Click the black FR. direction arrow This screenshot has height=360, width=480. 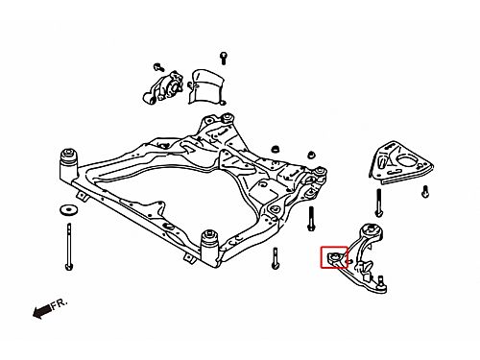[x=41, y=311]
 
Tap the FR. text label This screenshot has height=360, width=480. [x=60, y=303]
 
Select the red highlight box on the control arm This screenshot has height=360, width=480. [x=334, y=257]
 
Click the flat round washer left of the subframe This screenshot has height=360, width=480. [x=68, y=210]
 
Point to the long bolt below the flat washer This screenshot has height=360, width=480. [x=68, y=247]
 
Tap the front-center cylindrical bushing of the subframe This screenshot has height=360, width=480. [x=210, y=248]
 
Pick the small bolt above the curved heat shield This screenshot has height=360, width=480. [x=224, y=59]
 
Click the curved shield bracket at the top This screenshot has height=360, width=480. [x=206, y=86]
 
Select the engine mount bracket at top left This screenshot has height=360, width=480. [x=163, y=87]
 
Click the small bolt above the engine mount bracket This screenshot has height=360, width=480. [x=158, y=67]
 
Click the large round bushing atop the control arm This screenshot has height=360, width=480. [x=372, y=231]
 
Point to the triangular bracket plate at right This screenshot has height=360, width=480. [x=401, y=163]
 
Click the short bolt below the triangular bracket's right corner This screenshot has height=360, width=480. [x=425, y=192]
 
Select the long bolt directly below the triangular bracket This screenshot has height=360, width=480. [x=379, y=204]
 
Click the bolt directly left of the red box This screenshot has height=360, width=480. [x=310, y=219]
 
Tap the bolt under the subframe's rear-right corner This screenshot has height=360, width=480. [x=276, y=258]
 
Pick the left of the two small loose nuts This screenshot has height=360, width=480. [x=275, y=149]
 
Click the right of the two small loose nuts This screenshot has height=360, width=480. [x=311, y=155]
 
